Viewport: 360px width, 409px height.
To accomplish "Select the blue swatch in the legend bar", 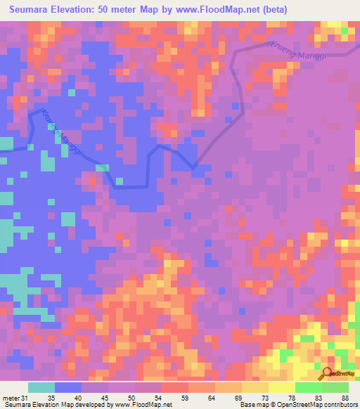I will coord(67,387).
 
